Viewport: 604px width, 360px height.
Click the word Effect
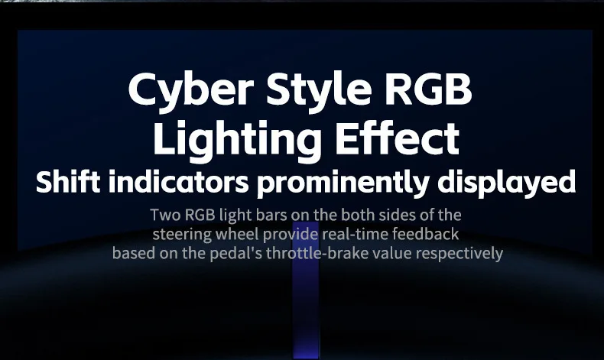[397, 137]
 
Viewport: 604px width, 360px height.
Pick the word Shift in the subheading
[68, 181]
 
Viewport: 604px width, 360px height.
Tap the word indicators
[178, 181]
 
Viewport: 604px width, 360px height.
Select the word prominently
[343, 183]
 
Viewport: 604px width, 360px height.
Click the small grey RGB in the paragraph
[200, 215]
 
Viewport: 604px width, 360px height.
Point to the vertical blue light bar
[306, 290]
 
